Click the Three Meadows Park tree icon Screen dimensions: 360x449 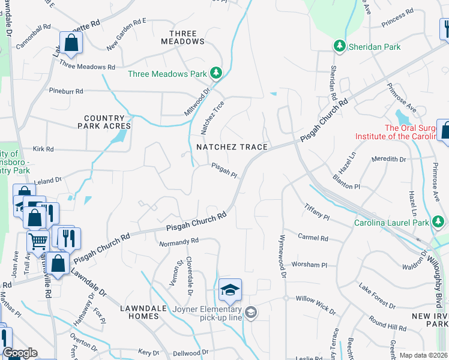coord(216,74)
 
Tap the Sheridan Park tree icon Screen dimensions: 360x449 coord(339,46)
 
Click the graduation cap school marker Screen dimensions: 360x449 coord(230,290)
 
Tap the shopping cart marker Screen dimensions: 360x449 coord(38,242)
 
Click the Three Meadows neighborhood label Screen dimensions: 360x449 coord(183,37)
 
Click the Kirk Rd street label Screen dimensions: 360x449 coord(43,149)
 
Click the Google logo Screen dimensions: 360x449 coord(20,353)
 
